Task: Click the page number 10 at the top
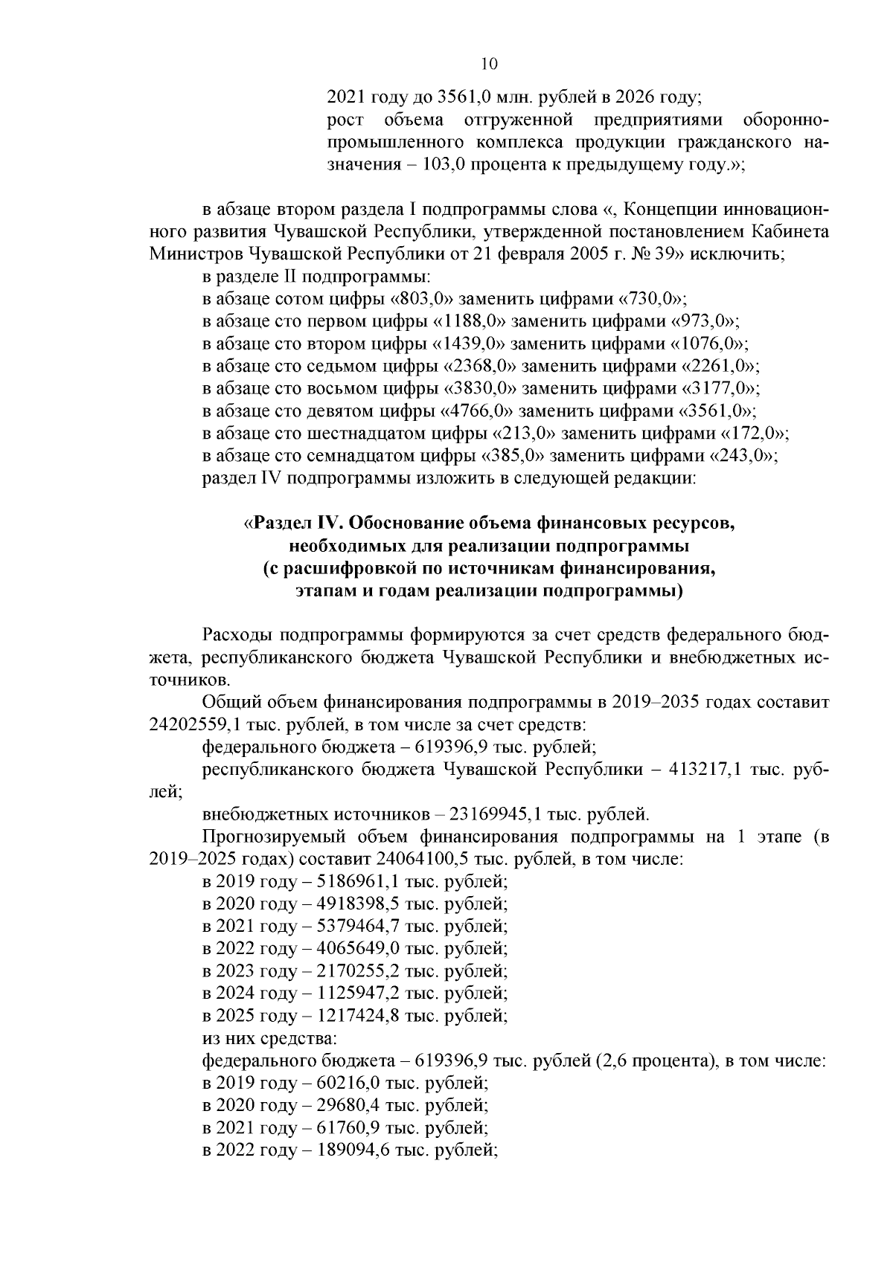point(489,64)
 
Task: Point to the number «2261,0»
point(721,366)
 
